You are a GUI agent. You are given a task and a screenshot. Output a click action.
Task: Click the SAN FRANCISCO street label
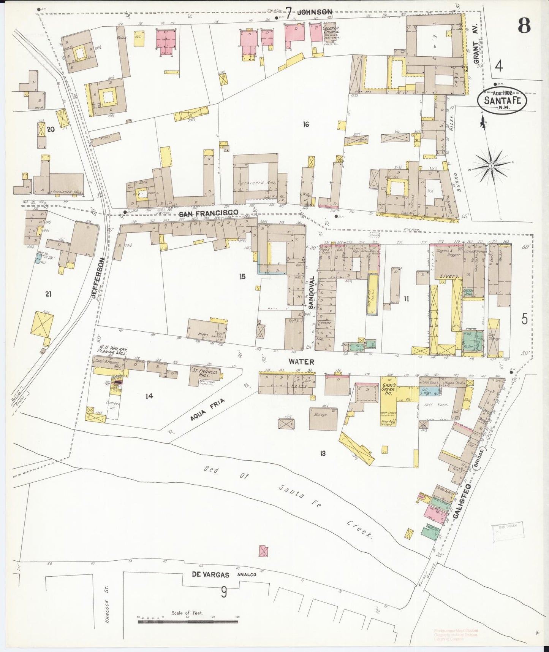(209, 212)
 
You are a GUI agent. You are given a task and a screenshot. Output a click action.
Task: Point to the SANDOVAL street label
(310, 292)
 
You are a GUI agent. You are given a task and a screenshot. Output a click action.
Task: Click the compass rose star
(491, 166)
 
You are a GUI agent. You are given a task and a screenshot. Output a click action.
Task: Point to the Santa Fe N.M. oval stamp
(502, 100)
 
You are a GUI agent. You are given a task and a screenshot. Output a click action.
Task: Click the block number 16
(306, 124)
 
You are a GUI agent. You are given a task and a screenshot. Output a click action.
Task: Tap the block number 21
(48, 294)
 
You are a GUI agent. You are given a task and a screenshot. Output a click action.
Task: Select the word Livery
(449, 276)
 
